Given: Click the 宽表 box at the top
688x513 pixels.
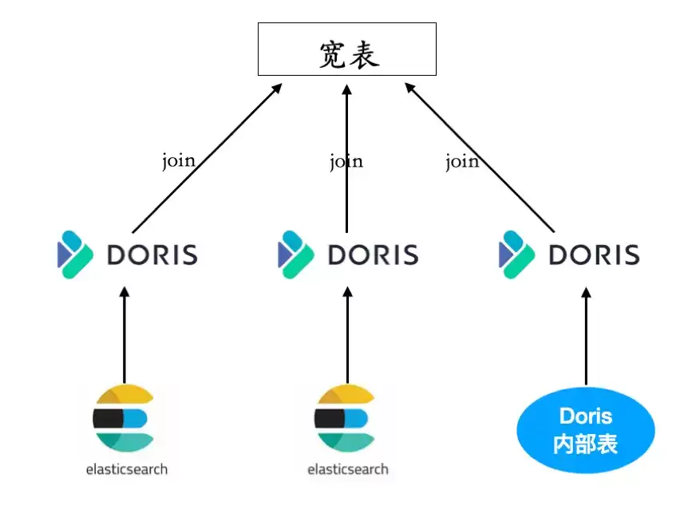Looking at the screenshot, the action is [x=347, y=49].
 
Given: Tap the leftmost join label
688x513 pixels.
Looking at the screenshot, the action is [x=179, y=161].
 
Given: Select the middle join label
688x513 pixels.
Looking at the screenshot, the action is [x=346, y=161].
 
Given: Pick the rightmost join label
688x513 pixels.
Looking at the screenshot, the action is [x=462, y=161].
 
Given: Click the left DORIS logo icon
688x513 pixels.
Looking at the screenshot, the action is [x=75, y=255].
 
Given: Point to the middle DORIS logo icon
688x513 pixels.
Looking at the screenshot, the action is [x=296, y=255].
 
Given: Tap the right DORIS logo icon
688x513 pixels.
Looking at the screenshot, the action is [x=517, y=255].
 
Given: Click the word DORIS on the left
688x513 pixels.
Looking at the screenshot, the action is [x=152, y=255].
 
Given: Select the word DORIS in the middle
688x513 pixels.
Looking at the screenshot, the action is [x=374, y=255].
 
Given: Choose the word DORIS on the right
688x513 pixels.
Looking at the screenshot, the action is [x=595, y=255].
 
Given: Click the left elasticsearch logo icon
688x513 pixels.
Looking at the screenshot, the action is [x=123, y=418].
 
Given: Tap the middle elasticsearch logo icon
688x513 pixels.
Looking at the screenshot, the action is [x=345, y=418].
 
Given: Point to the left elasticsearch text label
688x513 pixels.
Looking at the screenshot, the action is [x=127, y=469].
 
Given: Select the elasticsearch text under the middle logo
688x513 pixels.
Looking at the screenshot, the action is [x=348, y=469].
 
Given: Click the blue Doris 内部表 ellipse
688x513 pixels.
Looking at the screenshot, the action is [x=586, y=430].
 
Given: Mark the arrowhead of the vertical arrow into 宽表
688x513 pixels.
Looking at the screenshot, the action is [x=347, y=90].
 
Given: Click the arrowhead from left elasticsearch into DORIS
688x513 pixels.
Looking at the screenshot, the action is [x=125, y=293].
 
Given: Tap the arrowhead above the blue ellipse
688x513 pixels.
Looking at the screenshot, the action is [x=586, y=293].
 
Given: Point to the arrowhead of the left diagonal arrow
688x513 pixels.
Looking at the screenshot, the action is [x=277, y=89].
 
